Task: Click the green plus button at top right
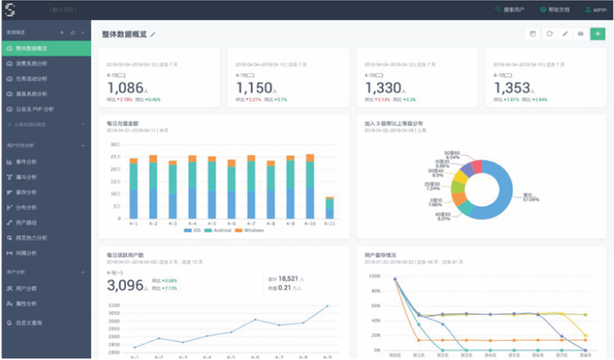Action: coord(597,34)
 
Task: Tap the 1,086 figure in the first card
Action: coord(126,88)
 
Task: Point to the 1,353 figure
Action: coord(514,88)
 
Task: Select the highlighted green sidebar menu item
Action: coord(45,48)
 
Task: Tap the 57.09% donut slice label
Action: coord(532,197)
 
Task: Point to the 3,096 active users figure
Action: coord(126,286)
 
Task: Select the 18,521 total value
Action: coord(293,279)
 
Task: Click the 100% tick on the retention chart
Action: coord(374,276)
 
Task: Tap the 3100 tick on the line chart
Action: coord(115,305)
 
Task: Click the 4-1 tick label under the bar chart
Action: coord(133,223)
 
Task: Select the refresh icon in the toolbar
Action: coord(548,34)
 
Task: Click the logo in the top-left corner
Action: coord(12,9)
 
